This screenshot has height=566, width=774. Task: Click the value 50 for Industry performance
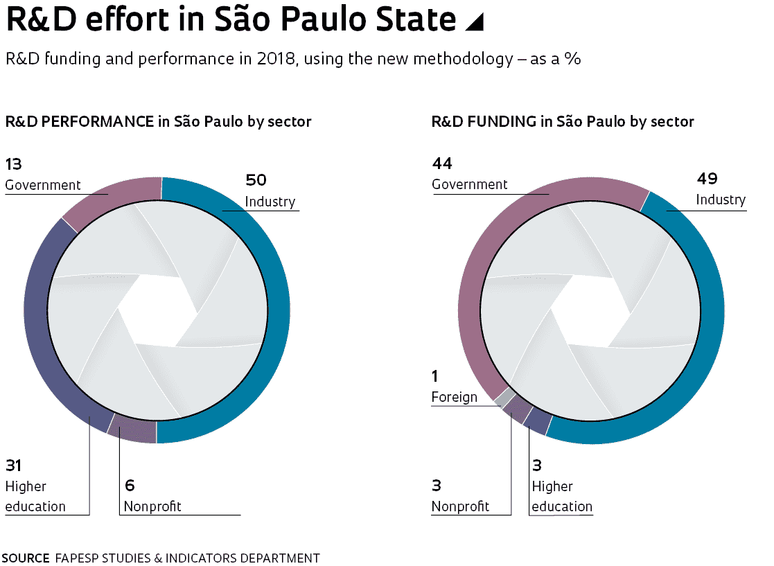[x=256, y=181]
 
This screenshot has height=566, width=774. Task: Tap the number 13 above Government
[x=13, y=164]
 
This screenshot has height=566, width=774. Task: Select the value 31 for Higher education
[x=13, y=466]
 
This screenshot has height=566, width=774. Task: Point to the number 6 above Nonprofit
[x=129, y=486]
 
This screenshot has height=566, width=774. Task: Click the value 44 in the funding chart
[x=441, y=163]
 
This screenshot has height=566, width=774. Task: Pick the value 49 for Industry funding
[x=707, y=179]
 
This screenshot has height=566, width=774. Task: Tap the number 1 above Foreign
[x=435, y=376]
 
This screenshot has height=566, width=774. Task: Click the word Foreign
[x=454, y=397]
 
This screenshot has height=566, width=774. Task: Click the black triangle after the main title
[x=473, y=22]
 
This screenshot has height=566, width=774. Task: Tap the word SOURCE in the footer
[x=25, y=558]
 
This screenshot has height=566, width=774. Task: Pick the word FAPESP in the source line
[x=76, y=558]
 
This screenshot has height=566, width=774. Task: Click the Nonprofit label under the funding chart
[x=460, y=506]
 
